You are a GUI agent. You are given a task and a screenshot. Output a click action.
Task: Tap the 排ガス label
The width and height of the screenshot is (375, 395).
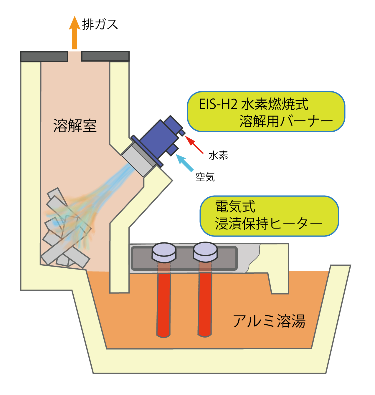[100, 24]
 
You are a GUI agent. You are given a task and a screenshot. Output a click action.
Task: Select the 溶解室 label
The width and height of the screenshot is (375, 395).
[75, 126]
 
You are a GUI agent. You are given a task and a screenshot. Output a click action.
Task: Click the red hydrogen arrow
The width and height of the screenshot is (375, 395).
[195, 145]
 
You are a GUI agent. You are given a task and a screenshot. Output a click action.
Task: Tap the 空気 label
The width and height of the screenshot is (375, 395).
[205, 177]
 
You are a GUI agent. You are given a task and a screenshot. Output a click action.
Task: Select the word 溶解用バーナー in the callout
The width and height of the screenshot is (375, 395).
[286, 121]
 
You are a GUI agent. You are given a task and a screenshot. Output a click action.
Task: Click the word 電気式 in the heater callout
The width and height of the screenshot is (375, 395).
[235, 206]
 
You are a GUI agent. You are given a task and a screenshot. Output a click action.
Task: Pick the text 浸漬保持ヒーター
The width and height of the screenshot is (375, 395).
[268, 224]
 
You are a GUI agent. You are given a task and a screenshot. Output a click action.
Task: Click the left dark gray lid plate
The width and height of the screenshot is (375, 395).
[44, 56]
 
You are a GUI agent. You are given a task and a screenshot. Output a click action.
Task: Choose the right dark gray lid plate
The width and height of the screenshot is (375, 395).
[105, 56]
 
